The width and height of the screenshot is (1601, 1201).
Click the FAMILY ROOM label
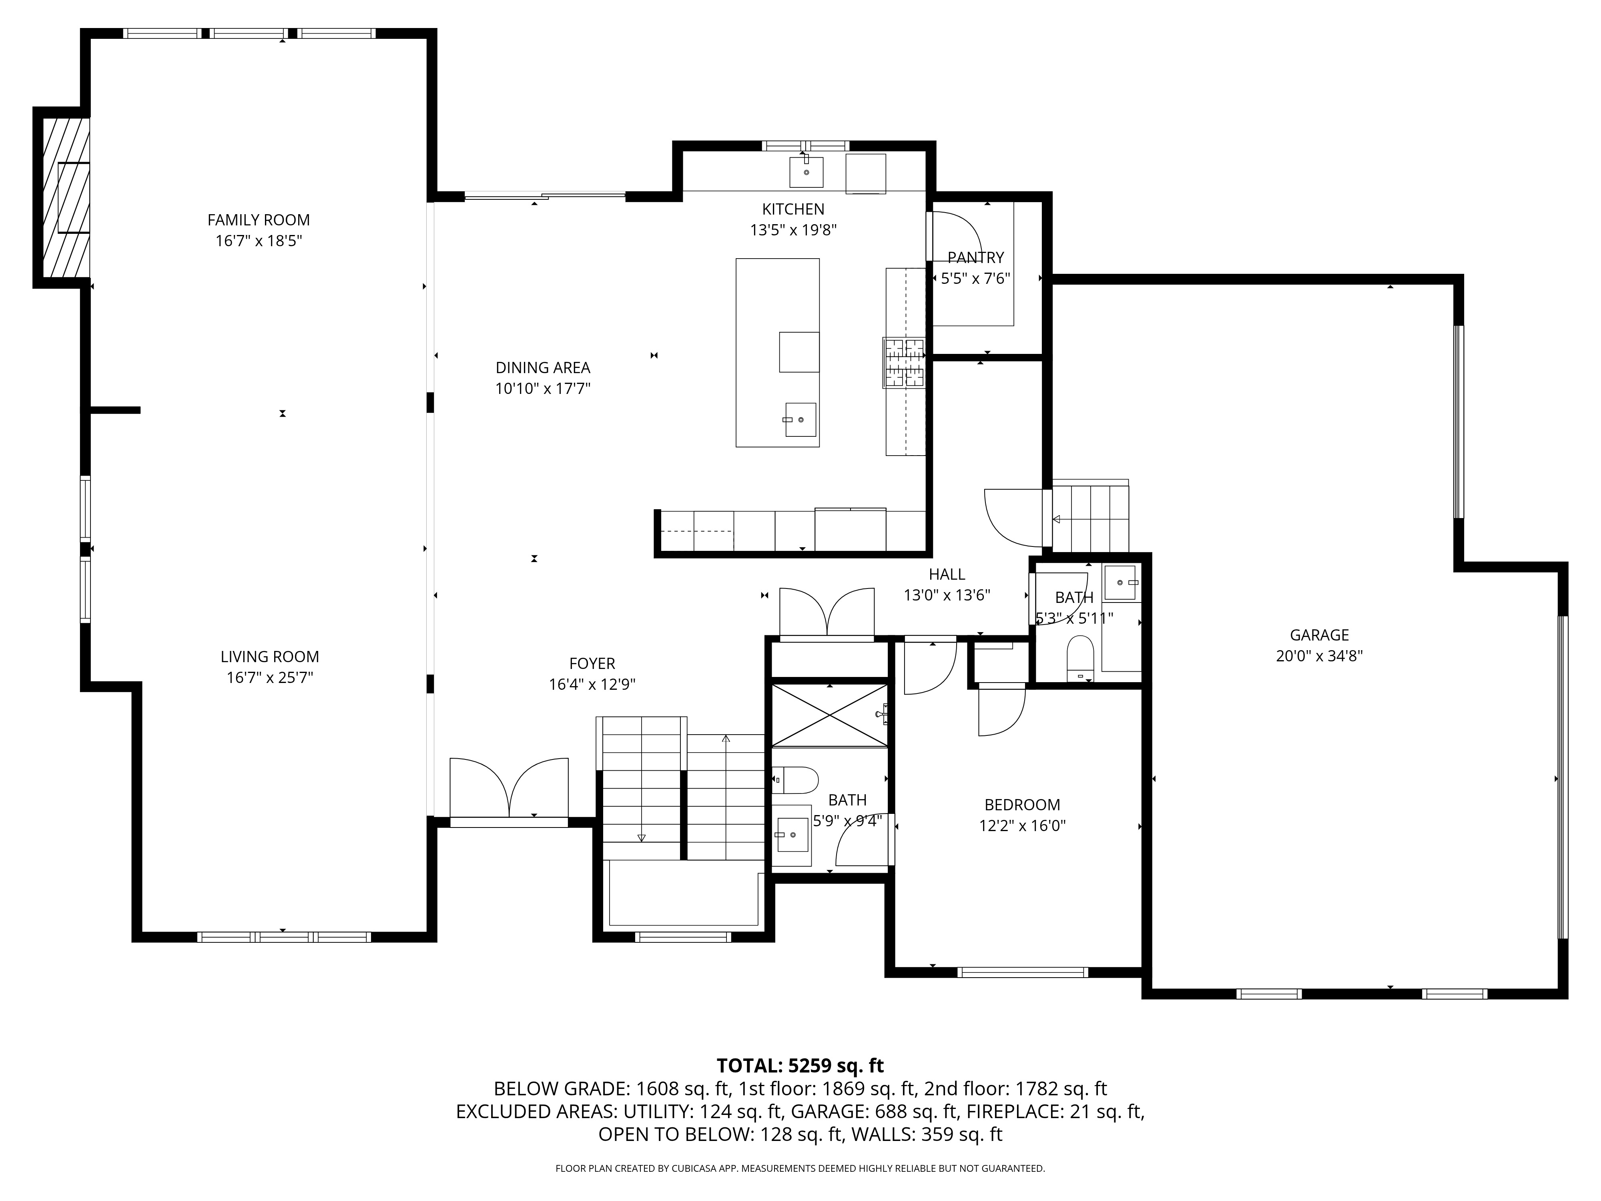[x=259, y=220]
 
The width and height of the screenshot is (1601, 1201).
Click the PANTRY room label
[x=976, y=258]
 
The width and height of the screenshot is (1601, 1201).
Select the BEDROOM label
[x=1022, y=805]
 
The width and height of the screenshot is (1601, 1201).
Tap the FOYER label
[x=592, y=664]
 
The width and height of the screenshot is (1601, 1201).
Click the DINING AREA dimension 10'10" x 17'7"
[x=543, y=389]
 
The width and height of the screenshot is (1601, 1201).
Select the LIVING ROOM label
[x=270, y=657]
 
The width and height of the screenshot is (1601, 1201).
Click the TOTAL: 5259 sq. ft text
[x=800, y=1066]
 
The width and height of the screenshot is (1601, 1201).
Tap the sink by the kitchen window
[x=806, y=172]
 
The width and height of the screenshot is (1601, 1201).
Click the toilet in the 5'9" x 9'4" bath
[x=795, y=780]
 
